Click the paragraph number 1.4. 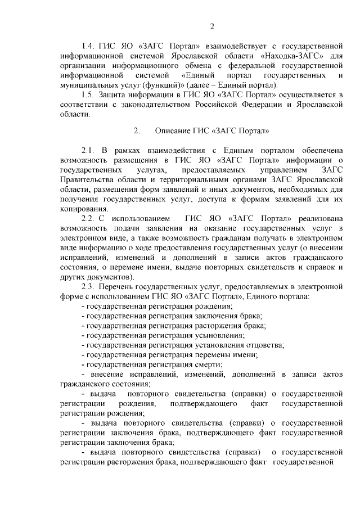(88, 47)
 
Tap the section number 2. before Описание (136, 132)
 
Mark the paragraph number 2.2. (88, 218)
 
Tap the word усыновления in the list (220, 335)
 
